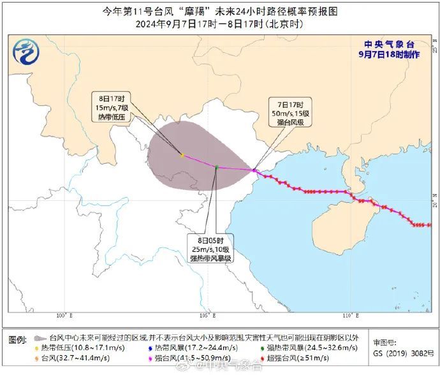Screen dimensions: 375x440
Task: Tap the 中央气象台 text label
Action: pyautogui.click(x=388, y=44)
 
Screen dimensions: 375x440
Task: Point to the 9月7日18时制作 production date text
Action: pyautogui.click(x=389, y=54)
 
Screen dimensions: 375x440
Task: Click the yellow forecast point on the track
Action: pyautogui.click(x=182, y=155)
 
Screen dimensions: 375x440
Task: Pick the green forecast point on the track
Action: pyautogui.click(x=217, y=167)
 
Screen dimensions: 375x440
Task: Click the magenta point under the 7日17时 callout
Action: pyautogui.click(x=254, y=170)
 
